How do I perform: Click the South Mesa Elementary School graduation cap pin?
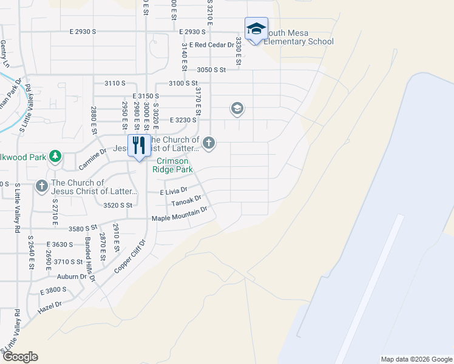click(256, 29)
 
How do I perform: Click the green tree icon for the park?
click(55, 157)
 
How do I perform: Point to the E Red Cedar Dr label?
click(212, 45)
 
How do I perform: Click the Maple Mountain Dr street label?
click(180, 214)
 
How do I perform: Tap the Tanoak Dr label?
click(186, 202)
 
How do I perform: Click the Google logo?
click(19, 357)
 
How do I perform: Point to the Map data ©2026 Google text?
click(416, 359)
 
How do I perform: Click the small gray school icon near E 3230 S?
click(237, 109)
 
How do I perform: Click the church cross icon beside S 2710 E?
click(41, 186)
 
